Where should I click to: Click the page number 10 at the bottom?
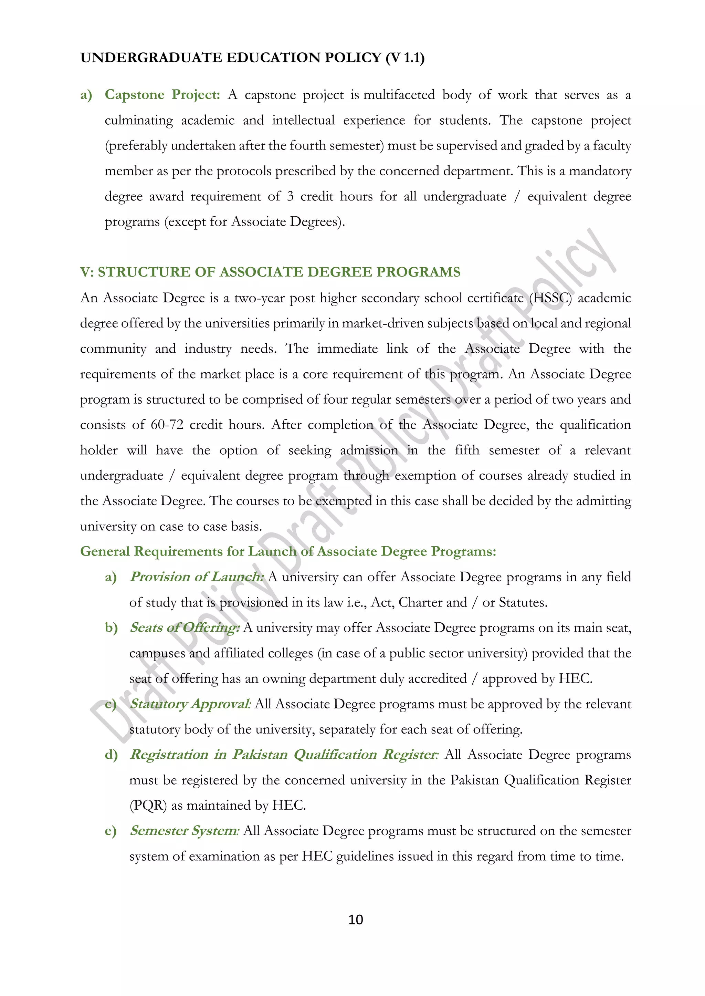(356, 919)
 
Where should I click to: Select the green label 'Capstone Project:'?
(162, 95)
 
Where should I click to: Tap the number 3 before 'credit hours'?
(290, 196)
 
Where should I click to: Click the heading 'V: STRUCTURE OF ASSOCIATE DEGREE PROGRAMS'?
(270, 272)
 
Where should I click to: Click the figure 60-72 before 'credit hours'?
(167, 425)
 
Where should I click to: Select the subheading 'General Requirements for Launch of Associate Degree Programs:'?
(288, 551)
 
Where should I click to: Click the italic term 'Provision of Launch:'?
(196, 577)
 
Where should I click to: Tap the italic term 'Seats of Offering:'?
(185, 627)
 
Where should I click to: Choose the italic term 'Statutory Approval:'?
(190, 704)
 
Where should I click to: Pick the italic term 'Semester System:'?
(184, 830)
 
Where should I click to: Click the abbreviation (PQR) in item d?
(148, 806)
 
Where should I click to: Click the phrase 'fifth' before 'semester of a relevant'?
(467, 450)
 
